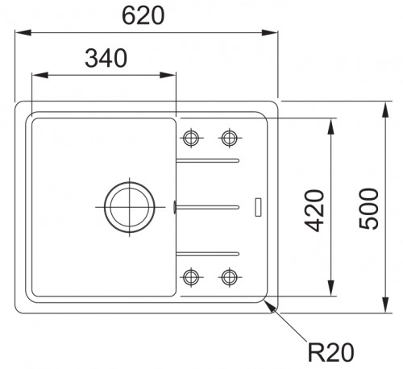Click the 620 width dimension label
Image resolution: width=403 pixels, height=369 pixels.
(x=143, y=15)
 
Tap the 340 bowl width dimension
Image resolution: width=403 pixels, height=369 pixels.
(x=106, y=58)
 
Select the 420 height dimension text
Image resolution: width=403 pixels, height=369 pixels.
(x=315, y=210)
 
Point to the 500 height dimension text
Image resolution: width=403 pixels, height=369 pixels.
(x=368, y=209)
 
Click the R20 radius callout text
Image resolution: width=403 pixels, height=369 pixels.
(x=330, y=352)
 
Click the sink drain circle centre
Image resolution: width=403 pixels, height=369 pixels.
(x=130, y=207)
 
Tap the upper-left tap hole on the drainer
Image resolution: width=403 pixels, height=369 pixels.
(x=191, y=138)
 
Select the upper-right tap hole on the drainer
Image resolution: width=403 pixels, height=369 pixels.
(x=229, y=138)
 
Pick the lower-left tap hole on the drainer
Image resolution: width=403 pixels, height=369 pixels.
(x=191, y=277)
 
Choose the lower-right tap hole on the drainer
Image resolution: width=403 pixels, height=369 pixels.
(x=229, y=277)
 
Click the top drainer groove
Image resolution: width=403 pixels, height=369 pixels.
(x=208, y=160)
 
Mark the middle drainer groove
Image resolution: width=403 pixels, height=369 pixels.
(x=207, y=207)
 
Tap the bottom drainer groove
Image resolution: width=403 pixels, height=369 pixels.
(x=208, y=254)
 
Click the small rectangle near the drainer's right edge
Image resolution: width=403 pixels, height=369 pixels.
(x=258, y=207)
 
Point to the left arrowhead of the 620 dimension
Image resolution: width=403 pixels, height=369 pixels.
(x=23, y=33)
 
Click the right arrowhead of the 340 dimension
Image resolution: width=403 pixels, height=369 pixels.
(x=168, y=75)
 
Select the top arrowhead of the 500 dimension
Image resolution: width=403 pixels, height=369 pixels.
(x=385, y=110)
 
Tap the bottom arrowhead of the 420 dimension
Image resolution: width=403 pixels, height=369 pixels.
(x=331, y=288)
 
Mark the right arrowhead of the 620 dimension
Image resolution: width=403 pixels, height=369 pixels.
(x=270, y=33)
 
